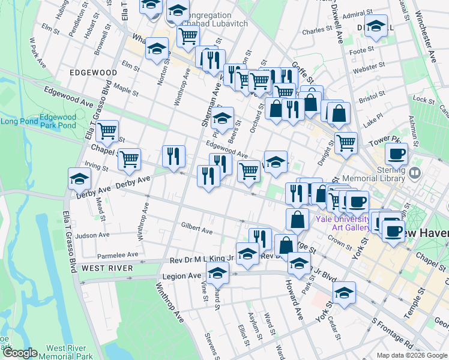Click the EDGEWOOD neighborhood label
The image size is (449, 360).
click(x=93, y=72)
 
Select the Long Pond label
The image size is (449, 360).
click(x=17, y=121)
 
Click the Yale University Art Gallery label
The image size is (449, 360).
click(x=343, y=223)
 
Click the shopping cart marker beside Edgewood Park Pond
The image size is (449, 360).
click(x=107, y=131)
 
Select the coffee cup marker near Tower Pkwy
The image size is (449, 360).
click(x=396, y=154)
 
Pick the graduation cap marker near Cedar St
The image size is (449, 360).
click(x=344, y=292)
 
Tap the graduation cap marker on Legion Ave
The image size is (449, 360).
click(x=218, y=273)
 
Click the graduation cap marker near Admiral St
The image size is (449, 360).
click(x=376, y=27)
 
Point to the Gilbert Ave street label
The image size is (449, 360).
click(x=197, y=230)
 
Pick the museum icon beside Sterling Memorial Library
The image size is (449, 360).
click(x=415, y=173)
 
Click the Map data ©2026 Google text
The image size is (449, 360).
click(x=412, y=355)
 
